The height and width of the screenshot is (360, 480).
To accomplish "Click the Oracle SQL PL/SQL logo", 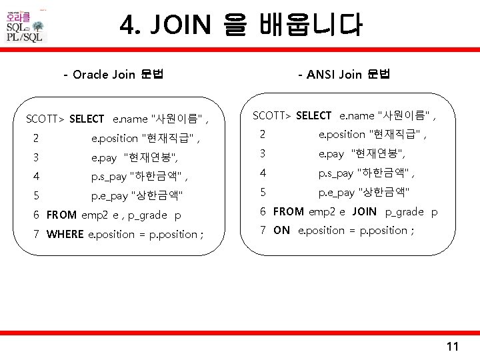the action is pyautogui.click(x=25, y=27).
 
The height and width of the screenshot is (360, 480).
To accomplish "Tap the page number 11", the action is pyautogui.click(x=453, y=346).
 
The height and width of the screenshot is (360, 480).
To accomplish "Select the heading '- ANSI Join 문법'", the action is pyautogui.click(x=345, y=74).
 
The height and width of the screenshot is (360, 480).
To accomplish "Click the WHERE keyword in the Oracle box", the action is pyautogui.click(x=65, y=234).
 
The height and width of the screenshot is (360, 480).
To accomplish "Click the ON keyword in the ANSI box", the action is pyautogui.click(x=281, y=230).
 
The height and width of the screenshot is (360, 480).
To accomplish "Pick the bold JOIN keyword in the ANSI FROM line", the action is pyautogui.click(x=364, y=211).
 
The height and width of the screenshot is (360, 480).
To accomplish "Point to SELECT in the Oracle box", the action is pyautogui.click(x=87, y=119).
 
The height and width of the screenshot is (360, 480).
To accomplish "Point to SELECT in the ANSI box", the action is pyautogui.click(x=313, y=115).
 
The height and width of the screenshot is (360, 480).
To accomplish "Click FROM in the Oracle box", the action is pyautogui.click(x=62, y=215).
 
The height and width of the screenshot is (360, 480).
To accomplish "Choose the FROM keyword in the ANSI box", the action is pyautogui.click(x=289, y=211).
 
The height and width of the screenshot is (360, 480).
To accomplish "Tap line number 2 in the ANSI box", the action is pyautogui.click(x=262, y=134).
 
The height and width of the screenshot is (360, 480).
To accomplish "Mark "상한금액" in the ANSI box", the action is pyautogui.click(x=384, y=192).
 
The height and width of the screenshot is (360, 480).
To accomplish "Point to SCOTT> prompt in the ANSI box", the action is pyautogui.click(x=271, y=115).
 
